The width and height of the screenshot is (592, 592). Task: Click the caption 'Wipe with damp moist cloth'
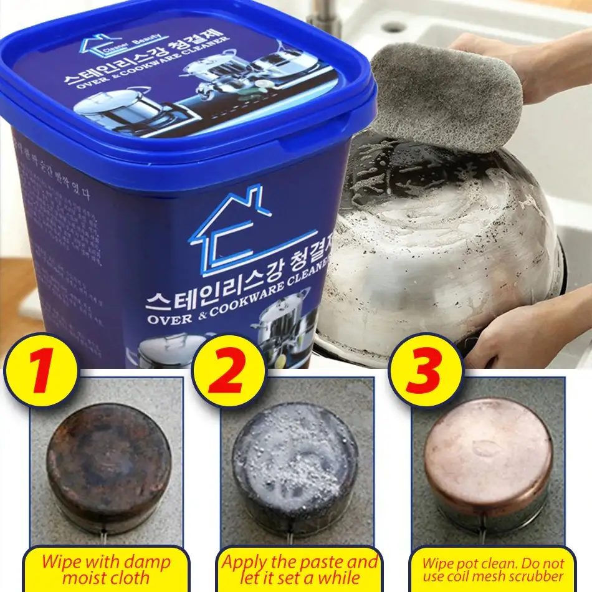click(x=105, y=568)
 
